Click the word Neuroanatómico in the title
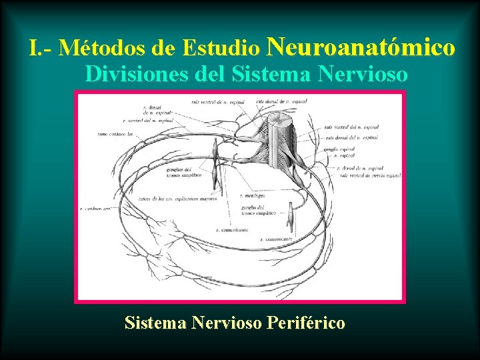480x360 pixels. click(361, 47)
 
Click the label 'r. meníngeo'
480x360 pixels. click(255, 196)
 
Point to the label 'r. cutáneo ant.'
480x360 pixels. click(96, 208)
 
